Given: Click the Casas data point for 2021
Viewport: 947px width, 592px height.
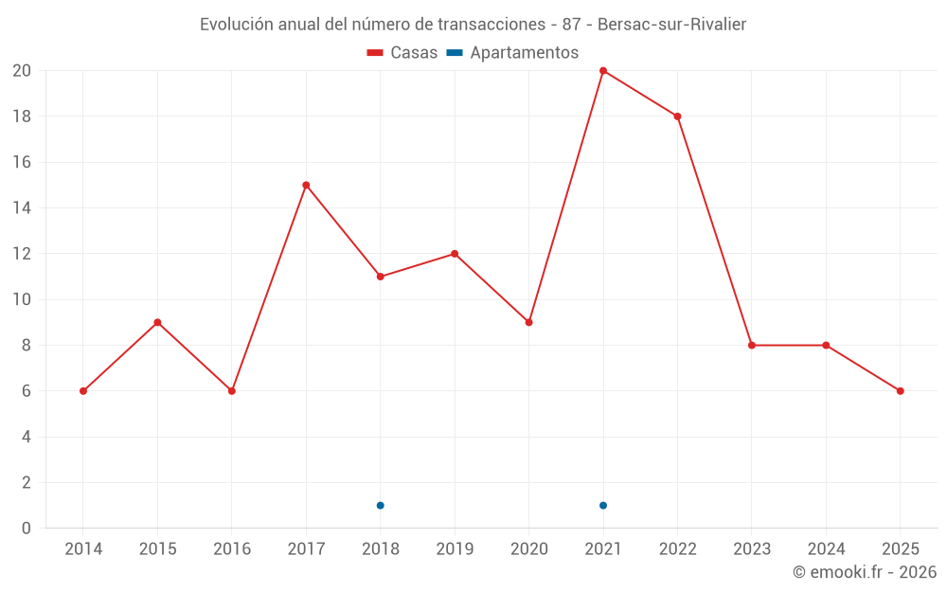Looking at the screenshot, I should (x=603, y=71).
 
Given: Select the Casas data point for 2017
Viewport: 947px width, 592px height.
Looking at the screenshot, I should (x=306, y=186).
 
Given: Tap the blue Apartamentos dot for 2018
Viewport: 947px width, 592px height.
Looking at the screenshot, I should (x=380, y=505).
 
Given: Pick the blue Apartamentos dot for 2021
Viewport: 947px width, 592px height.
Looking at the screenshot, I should (x=603, y=505).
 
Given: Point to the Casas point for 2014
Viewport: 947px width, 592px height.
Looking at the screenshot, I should (x=83, y=391).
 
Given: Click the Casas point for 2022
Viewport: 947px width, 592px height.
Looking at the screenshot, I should (x=677, y=117).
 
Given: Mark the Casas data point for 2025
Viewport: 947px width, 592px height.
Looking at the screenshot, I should (x=900, y=391).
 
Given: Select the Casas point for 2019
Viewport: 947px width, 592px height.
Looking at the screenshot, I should (x=455, y=254).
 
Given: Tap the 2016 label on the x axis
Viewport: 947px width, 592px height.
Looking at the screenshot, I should (x=232, y=549).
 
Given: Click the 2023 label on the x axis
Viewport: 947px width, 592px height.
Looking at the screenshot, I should (x=752, y=549).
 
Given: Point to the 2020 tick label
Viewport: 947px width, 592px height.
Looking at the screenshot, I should (x=528, y=549).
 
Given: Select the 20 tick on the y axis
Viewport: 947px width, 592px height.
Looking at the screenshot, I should (x=21, y=71).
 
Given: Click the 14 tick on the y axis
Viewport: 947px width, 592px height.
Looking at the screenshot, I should (x=21, y=208).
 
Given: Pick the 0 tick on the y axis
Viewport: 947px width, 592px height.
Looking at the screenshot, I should (x=26, y=529).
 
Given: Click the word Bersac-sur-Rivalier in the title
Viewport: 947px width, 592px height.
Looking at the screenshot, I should (x=671, y=25).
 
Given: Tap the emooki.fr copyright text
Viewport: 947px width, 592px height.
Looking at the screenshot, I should (x=865, y=572).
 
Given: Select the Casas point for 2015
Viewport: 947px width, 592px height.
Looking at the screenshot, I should (x=157, y=323).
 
